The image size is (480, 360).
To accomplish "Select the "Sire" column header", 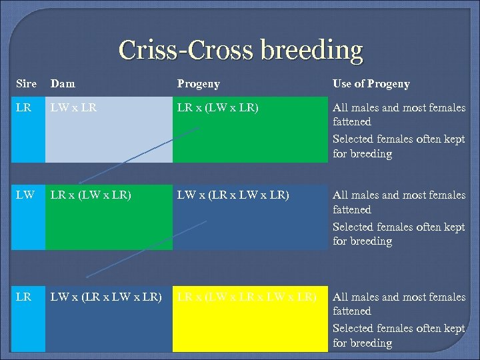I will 26,83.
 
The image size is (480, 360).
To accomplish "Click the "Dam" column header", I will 63,83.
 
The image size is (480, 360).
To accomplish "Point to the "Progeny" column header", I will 198,83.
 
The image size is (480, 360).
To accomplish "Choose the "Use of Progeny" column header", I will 371,83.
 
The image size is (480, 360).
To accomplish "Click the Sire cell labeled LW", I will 25,195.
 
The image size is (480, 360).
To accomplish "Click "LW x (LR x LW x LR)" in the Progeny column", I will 233,195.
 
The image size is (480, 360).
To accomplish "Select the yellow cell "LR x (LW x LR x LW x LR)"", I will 246,297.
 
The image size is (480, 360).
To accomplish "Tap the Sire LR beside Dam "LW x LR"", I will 23,107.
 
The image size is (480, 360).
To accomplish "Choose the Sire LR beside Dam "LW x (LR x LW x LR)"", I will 23,297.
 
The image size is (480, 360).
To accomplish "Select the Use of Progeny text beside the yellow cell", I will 399,320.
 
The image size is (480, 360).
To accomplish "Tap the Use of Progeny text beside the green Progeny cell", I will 399,131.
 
